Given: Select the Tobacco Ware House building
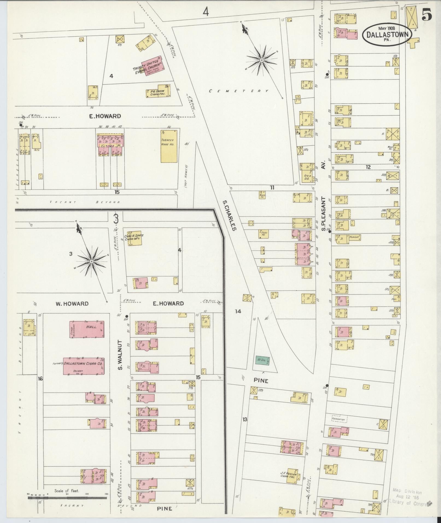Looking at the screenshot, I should tap(169, 146).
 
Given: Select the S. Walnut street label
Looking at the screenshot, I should tap(120, 354).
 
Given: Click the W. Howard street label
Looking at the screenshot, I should tap(72, 303).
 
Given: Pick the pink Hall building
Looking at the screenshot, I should tap(87, 329).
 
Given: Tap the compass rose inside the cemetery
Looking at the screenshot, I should tap(261, 59).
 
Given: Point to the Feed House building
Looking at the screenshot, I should tap(264, 234).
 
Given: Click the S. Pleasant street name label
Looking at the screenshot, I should tap(323, 214).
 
